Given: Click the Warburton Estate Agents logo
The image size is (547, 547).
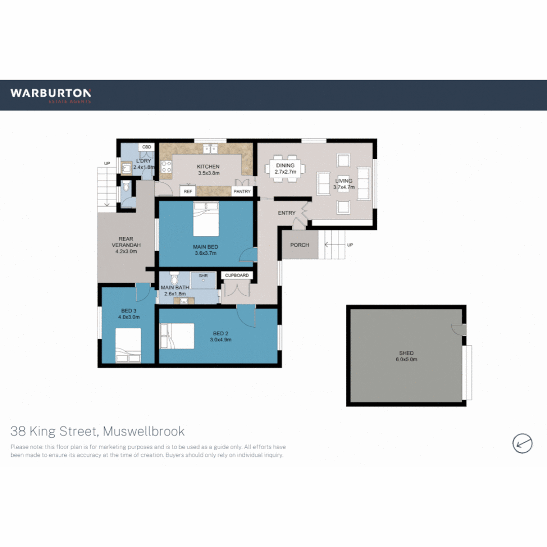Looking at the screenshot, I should click(51, 95).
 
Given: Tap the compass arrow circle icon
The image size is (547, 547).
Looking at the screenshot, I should click(522, 443).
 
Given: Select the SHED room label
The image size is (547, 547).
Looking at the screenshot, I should click(406, 353).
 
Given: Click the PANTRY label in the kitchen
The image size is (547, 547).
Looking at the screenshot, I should click(242, 191).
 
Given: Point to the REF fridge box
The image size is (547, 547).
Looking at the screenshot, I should click(188, 191).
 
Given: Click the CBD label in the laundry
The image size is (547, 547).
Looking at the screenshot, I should click(147, 147).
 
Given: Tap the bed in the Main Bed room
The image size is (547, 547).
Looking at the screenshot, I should click(206, 219).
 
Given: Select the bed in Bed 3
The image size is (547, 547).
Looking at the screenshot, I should click(128, 345).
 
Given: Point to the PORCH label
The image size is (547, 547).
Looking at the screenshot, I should click(299, 245).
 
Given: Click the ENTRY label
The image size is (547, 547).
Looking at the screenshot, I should click(286, 213).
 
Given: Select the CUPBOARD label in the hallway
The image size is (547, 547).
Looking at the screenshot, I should click(237, 276).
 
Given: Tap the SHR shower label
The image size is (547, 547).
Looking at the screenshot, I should click(204, 276).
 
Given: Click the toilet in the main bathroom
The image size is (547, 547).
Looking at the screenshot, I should click(174, 279).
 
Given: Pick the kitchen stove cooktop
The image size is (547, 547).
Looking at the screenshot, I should click(166, 168).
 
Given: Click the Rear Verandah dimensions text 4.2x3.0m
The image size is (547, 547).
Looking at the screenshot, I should click(126, 251).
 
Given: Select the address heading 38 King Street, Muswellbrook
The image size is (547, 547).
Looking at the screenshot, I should click(98, 432).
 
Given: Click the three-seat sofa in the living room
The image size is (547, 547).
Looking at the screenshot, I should click(364, 183).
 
